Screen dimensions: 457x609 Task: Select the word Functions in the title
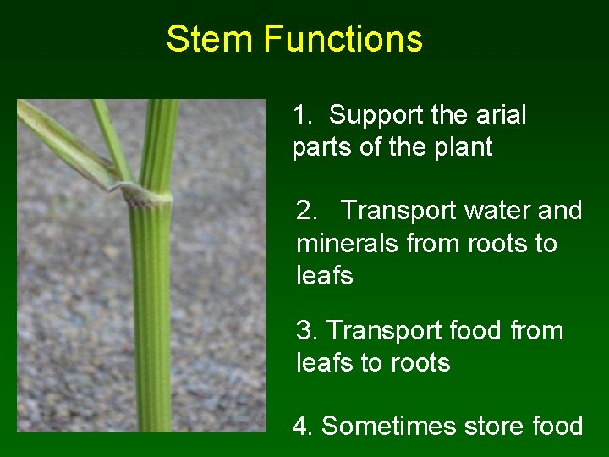[343, 39]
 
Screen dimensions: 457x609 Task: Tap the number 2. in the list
[306, 211]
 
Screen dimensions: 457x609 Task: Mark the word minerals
[348, 244]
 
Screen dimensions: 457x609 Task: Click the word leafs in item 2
[325, 276]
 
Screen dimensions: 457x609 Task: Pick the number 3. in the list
[306, 330]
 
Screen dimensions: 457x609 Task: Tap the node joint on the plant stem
[150, 197]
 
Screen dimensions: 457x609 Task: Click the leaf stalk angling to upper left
[63, 140]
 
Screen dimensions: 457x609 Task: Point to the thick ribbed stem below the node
[152, 322]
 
